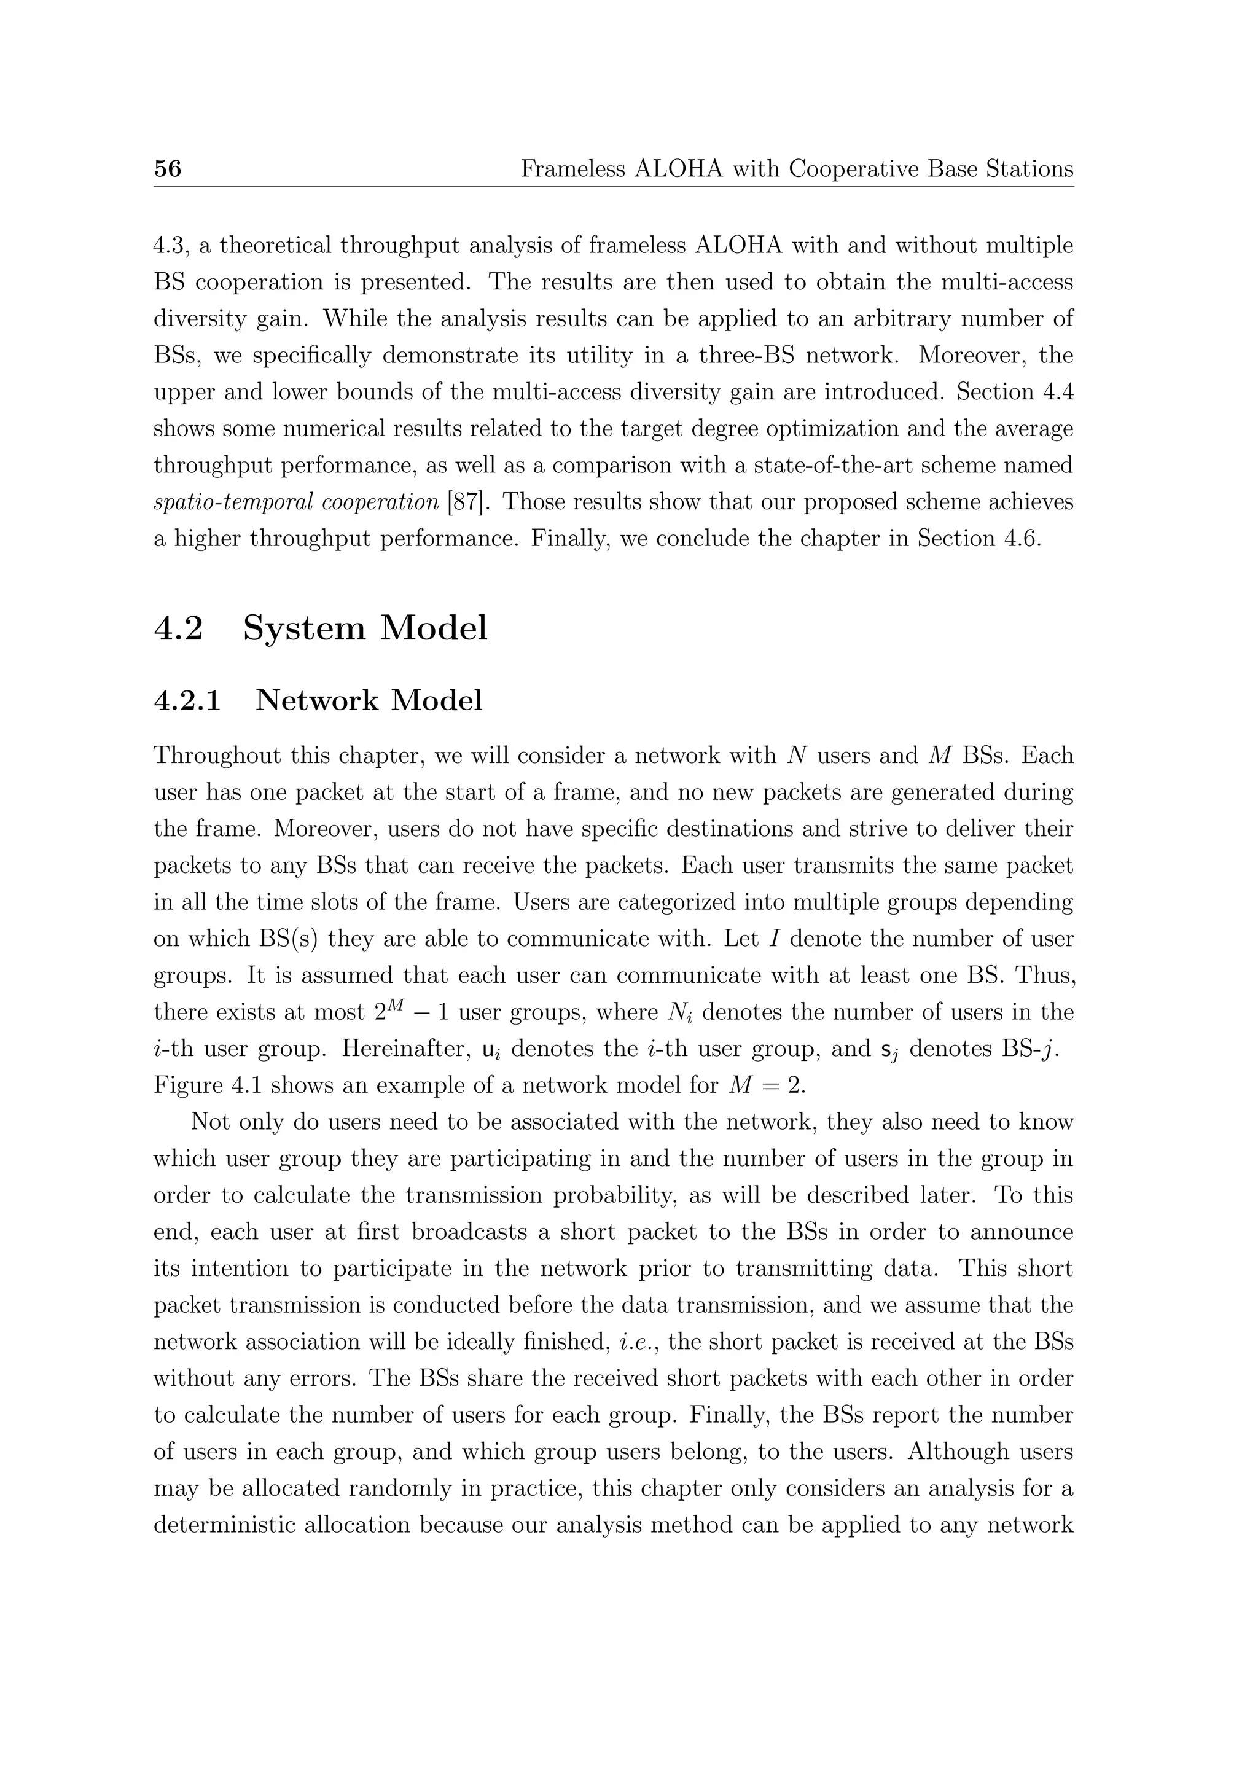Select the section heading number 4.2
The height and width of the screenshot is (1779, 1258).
[178, 628]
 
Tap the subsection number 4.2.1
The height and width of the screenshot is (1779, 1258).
[187, 700]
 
